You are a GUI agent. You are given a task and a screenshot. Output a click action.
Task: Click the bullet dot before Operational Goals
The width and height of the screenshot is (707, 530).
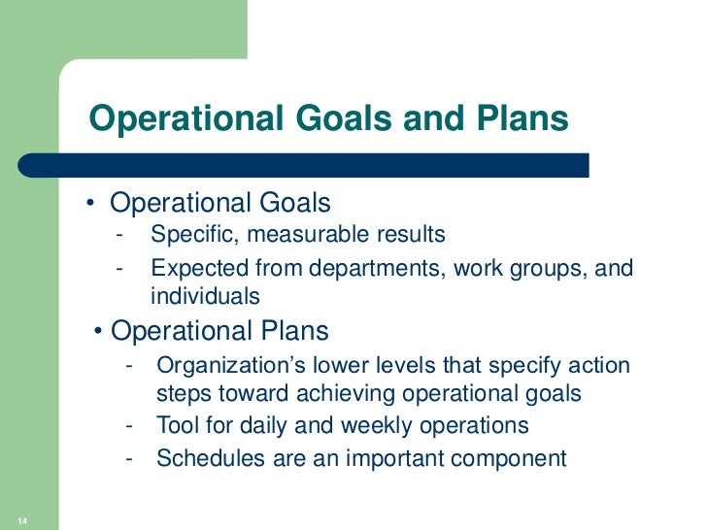pos(89,204)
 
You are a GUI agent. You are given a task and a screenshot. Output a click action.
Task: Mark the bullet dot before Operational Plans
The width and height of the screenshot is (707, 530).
pos(101,332)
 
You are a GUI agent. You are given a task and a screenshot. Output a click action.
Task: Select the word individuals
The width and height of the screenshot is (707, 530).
pos(205,296)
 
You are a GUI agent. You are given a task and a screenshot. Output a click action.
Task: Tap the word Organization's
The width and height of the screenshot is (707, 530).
pos(223,366)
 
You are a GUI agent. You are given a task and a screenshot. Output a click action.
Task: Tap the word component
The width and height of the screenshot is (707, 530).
pos(509,457)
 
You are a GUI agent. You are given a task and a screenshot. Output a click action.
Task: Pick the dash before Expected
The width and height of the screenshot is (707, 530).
pos(118,267)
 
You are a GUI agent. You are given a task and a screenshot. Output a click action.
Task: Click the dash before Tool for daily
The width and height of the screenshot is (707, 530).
pos(130,426)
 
